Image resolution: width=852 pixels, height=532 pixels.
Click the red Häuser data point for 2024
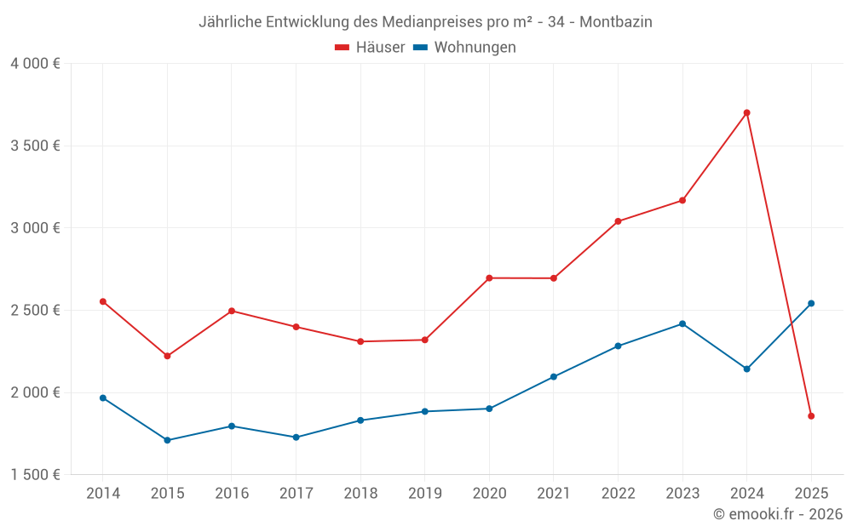pyautogui.click(x=746, y=112)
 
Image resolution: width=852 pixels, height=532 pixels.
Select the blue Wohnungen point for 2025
pyautogui.click(x=811, y=303)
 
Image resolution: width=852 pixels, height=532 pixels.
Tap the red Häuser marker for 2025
pyautogui.click(x=811, y=416)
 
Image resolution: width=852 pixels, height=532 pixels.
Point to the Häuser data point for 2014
pyautogui.click(x=103, y=301)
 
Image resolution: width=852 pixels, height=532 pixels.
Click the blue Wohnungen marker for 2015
pyautogui.click(x=167, y=440)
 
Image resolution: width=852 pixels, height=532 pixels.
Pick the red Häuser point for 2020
pyautogui.click(x=489, y=277)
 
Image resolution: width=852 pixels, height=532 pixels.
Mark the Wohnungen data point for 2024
pyautogui.click(x=746, y=369)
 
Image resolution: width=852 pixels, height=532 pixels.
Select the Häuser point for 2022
pyautogui.click(x=618, y=221)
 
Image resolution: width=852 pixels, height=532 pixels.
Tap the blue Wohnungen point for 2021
pyautogui.click(x=554, y=376)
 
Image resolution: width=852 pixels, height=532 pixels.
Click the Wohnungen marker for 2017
pyautogui.click(x=296, y=438)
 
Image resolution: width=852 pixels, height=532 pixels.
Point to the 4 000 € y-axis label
pyautogui.click(x=35, y=64)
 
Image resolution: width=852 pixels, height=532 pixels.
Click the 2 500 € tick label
pyautogui.click(x=35, y=310)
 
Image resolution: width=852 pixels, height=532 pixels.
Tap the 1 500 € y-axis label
pyautogui.click(x=35, y=475)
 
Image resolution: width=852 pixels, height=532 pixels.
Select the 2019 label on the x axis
pyautogui.click(x=424, y=493)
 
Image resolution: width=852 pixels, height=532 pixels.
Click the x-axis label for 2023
pyautogui.click(x=682, y=493)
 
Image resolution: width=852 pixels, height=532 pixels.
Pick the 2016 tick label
pyautogui.click(x=232, y=493)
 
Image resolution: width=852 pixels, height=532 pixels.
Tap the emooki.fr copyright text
pyautogui.click(x=777, y=514)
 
